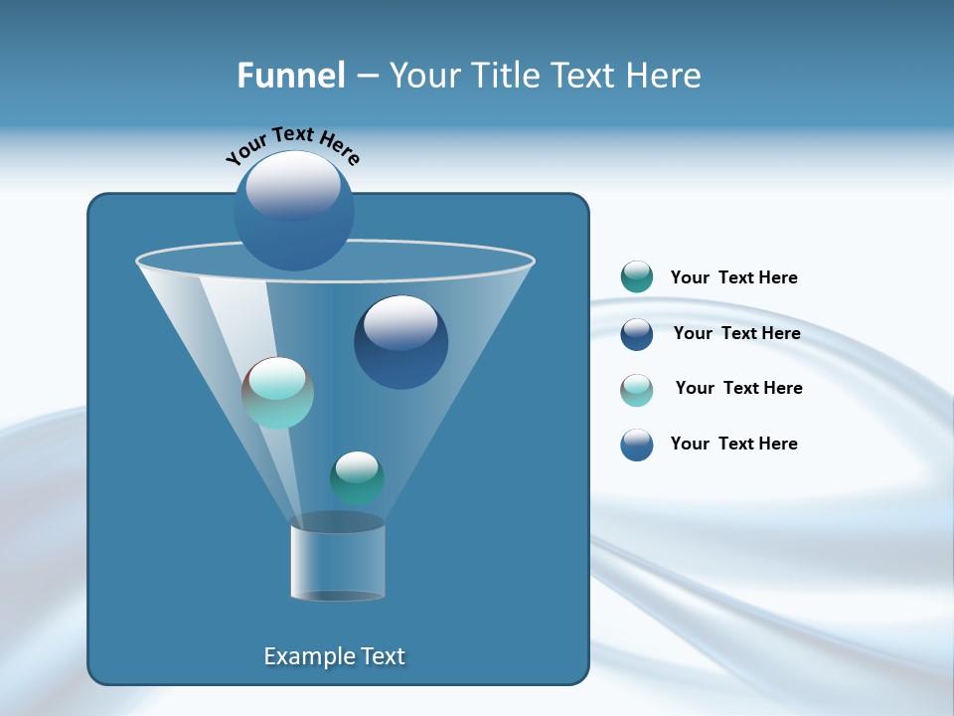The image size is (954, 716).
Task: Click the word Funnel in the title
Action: click(290, 76)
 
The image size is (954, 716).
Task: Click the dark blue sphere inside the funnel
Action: click(400, 343)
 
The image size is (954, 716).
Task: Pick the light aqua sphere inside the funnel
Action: click(278, 393)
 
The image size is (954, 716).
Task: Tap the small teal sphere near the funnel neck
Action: click(357, 477)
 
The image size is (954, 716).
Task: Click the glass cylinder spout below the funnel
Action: click(338, 559)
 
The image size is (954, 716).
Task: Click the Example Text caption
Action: click(334, 656)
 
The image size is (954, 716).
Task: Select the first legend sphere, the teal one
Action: click(637, 277)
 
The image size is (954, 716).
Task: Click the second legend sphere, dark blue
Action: click(637, 334)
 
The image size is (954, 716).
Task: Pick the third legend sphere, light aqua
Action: click(637, 390)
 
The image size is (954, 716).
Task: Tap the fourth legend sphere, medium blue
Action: click(637, 445)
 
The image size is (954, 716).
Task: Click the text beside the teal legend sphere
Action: click(733, 278)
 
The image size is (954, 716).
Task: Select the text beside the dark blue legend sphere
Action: click(736, 334)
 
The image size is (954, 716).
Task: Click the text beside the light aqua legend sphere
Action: click(738, 389)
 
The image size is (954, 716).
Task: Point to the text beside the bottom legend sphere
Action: click(733, 444)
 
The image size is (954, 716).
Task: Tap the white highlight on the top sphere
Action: click(293, 185)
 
